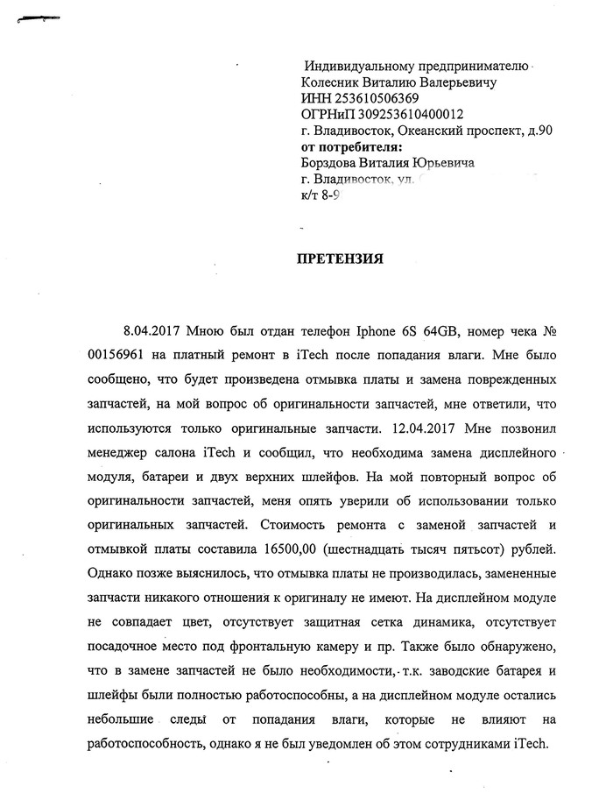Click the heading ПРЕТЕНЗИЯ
click(341, 260)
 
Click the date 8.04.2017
click(152, 333)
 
